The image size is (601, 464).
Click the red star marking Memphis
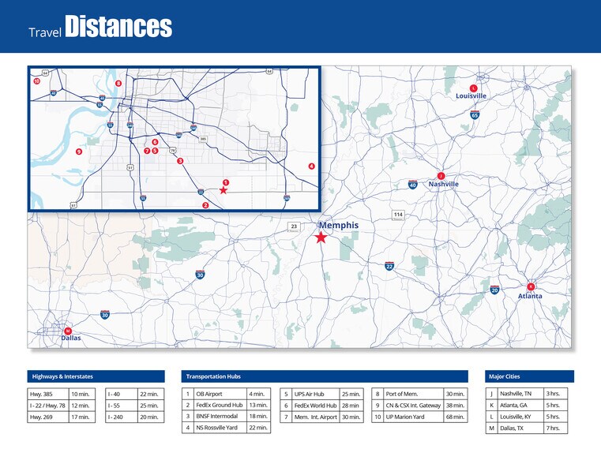tap(321, 237)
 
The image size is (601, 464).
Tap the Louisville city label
tap(471, 96)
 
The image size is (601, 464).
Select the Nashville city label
tap(443, 184)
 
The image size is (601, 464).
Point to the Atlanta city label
tap(530, 296)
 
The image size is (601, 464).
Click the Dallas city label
tap(71, 338)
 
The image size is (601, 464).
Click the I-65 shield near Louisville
tap(475, 115)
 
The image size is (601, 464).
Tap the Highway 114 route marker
tap(398, 215)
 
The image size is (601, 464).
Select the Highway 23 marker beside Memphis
tap(294, 226)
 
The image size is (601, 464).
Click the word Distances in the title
tap(118, 27)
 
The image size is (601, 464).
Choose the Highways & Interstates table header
tap(96, 376)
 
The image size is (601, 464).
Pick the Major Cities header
tap(529, 376)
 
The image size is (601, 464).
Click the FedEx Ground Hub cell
tap(220, 405)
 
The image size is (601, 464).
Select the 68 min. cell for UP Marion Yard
tap(454, 417)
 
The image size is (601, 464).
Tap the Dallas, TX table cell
tap(520, 428)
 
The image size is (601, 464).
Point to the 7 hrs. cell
tap(556, 428)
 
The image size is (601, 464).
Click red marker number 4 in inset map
tap(311, 167)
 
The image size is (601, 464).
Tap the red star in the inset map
tap(223, 190)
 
